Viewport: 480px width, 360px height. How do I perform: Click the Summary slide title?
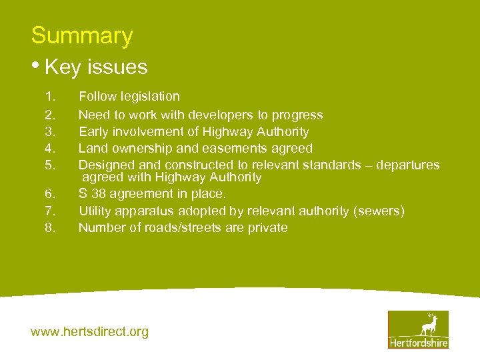pos(82,35)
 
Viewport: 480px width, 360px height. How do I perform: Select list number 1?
pos(49,97)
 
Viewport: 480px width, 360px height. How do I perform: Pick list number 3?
pos(49,132)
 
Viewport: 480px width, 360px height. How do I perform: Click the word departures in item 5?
pos(407,165)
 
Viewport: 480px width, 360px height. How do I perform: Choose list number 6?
pos(49,194)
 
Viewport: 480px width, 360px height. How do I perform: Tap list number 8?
pos(49,228)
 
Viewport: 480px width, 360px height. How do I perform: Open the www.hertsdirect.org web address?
pos(90,331)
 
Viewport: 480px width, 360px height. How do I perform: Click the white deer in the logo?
pos(428,324)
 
